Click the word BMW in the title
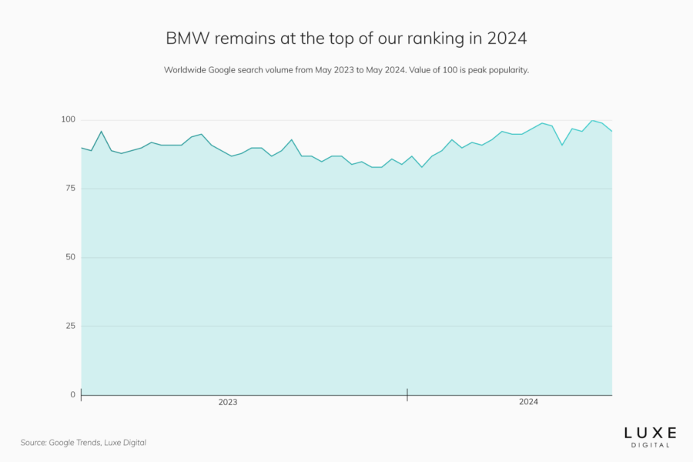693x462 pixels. [x=185, y=38]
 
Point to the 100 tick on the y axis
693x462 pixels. [x=69, y=120]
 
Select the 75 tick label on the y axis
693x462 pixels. [x=70, y=189]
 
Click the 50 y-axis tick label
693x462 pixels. [x=70, y=257]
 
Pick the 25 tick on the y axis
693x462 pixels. [x=70, y=326]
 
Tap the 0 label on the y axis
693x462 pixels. [x=73, y=394]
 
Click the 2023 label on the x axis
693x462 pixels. [x=228, y=403]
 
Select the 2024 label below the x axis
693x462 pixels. [x=528, y=403]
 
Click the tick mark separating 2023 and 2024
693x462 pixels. [x=407, y=395]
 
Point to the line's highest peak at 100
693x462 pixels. [x=592, y=121]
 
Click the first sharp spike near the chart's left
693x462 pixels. [x=101, y=132]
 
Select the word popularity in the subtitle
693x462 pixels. [x=504, y=70]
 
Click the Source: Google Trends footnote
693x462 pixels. [x=83, y=443]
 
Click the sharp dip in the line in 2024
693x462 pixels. [x=562, y=145]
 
